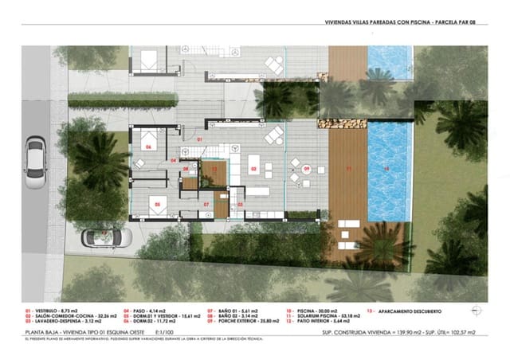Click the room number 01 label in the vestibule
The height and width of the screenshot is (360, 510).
pos(200,139)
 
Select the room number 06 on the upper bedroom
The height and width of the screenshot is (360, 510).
pos(148,147)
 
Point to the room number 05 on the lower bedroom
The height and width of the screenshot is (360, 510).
pos(158,204)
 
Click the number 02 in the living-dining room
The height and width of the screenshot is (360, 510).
pos(254,169)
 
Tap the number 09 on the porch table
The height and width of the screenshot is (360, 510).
pos(306,168)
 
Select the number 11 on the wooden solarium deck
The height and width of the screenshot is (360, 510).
pos(348,169)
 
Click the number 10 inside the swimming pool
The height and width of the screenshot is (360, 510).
pos(387,169)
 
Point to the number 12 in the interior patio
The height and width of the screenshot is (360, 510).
pos(213,170)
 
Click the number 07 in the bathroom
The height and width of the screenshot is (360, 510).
pos(206,205)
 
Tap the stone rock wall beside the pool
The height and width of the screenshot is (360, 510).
pos(341,123)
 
